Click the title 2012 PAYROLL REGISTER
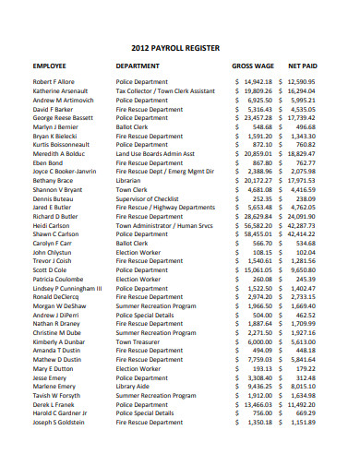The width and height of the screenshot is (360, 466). tap(179, 45)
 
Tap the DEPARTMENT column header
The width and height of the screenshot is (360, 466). tap(139, 67)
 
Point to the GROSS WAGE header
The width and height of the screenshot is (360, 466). tap(252, 67)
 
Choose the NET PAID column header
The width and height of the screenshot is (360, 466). tap(304, 67)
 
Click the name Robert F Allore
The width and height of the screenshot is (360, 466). tap(54, 83)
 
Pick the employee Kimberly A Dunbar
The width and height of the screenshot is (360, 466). tap(60, 341)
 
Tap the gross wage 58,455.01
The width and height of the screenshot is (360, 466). tap(259, 234)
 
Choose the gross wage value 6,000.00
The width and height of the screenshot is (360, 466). tap(262, 341)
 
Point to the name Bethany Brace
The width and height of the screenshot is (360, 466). tap(54, 181)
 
